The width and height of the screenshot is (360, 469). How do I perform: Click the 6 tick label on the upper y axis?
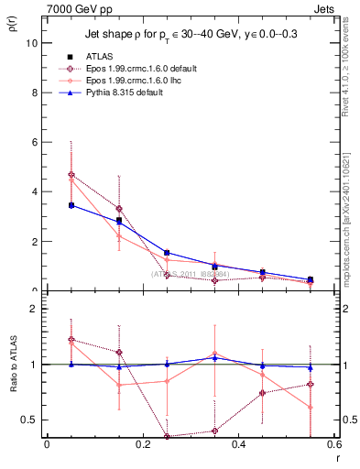[x=35, y=142]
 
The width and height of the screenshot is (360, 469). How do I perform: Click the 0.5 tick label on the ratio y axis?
[x=30, y=420]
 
